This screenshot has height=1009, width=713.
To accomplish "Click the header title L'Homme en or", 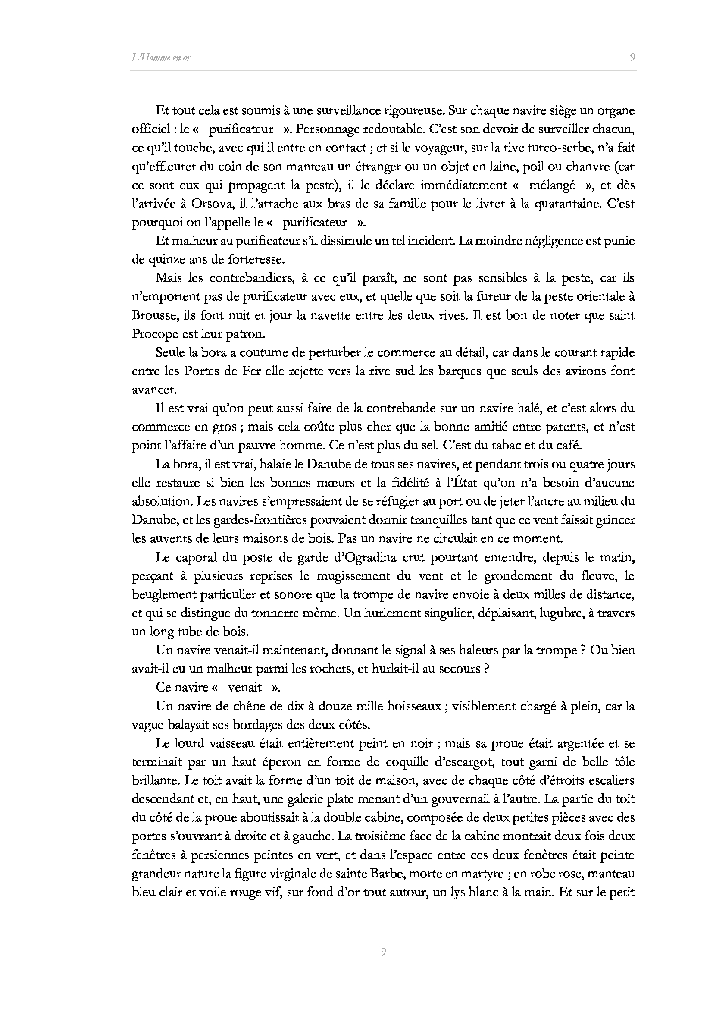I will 161,57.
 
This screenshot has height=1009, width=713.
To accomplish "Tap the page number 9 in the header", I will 632,57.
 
